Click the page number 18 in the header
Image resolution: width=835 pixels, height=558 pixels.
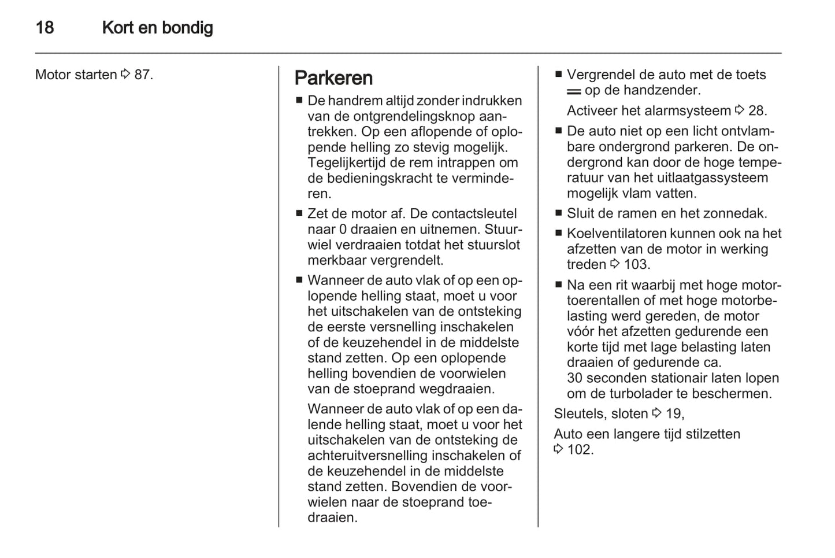(44, 28)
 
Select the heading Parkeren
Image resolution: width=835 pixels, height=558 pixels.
(333, 78)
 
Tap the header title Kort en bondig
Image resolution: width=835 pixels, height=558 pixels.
(157, 28)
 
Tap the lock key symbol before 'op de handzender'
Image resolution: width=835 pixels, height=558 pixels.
(574, 91)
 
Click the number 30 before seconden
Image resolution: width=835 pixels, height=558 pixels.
(574, 378)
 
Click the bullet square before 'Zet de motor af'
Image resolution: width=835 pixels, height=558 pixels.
(299, 213)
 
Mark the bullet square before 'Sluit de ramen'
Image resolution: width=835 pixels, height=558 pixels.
(558, 213)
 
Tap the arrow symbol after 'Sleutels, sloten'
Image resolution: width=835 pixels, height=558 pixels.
(656, 413)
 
